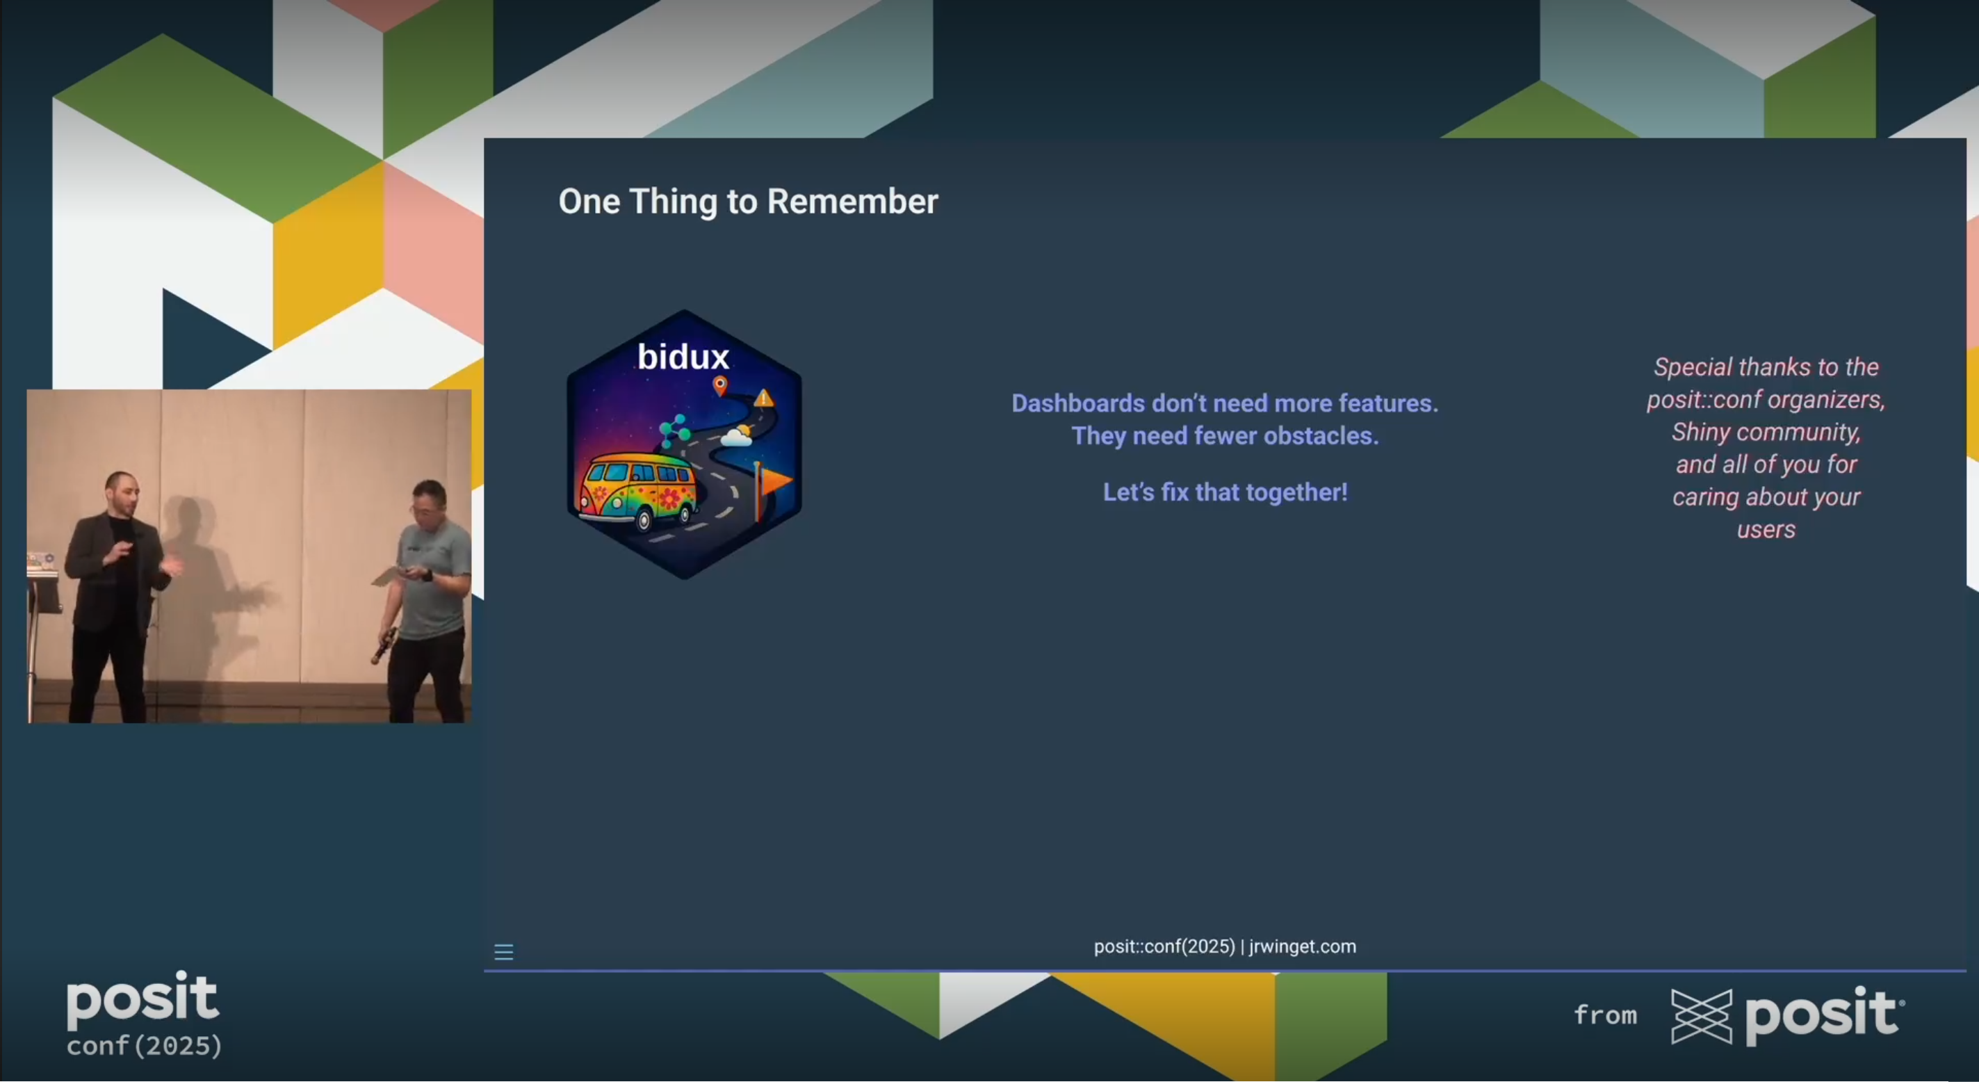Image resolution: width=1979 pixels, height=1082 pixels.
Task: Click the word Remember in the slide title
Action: [x=852, y=202]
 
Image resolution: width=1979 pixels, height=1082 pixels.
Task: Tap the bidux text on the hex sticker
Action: [x=683, y=357]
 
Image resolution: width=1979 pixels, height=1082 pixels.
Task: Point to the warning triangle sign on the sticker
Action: [x=764, y=397]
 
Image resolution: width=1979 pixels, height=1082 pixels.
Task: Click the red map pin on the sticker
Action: [x=720, y=385]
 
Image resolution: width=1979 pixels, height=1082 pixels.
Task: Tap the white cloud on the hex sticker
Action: [x=736, y=437]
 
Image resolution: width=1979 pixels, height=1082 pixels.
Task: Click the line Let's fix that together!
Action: [x=1225, y=492]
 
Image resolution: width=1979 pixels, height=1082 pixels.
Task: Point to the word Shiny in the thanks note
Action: [x=1701, y=433]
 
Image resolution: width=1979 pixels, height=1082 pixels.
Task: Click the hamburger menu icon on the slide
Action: [x=504, y=952]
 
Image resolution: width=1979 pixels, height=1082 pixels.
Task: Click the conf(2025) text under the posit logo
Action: [x=145, y=1046]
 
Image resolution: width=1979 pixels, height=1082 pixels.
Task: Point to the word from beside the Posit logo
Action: [x=1606, y=1015]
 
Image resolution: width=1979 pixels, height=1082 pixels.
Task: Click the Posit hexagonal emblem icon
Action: [x=1702, y=1017]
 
